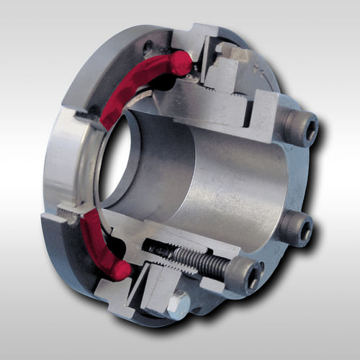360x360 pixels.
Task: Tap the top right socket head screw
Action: [x=300, y=130]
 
